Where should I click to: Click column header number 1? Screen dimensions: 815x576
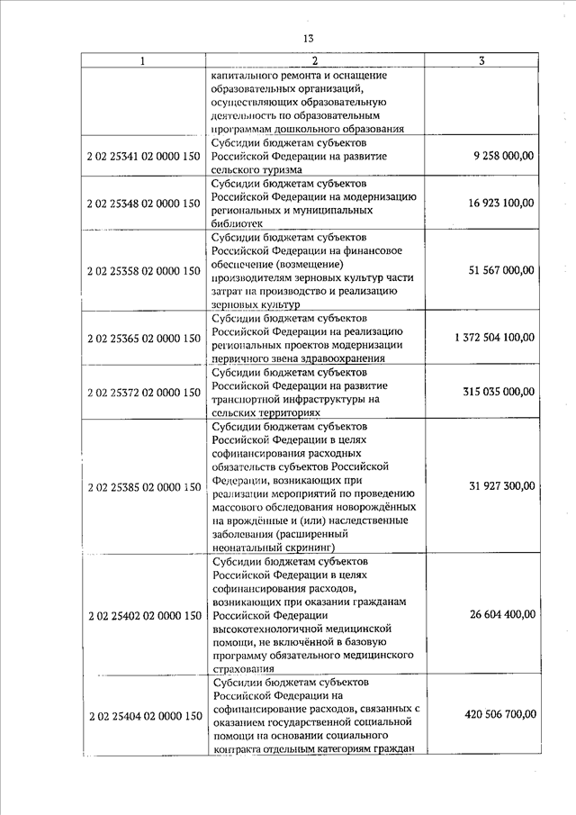pyautogui.click(x=142, y=60)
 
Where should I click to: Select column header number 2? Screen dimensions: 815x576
pyautogui.click(x=315, y=60)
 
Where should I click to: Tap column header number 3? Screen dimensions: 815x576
pyautogui.click(x=482, y=60)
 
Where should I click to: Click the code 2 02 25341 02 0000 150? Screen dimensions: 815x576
pyautogui.click(x=144, y=156)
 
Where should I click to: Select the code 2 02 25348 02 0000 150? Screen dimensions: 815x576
pyautogui.click(x=144, y=204)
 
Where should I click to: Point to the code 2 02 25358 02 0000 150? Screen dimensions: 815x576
pyautogui.click(x=144, y=270)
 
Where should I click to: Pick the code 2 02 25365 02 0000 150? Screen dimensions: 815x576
pyautogui.click(x=144, y=338)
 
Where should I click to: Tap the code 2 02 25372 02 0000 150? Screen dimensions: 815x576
pyautogui.click(x=144, y=392)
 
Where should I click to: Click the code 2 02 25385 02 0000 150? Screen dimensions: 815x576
pyautogui.click(x=144, y=487)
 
